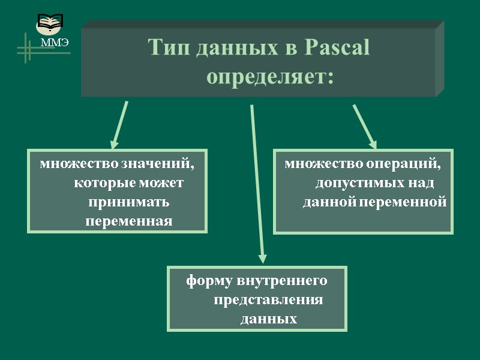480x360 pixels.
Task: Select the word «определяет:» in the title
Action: coord(270,77)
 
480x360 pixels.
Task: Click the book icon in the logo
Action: coord(49,24)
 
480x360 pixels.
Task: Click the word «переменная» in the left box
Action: coord(129,221)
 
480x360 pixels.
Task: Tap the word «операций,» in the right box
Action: coord(409,163)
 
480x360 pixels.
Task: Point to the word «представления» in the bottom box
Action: coord(268,299)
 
